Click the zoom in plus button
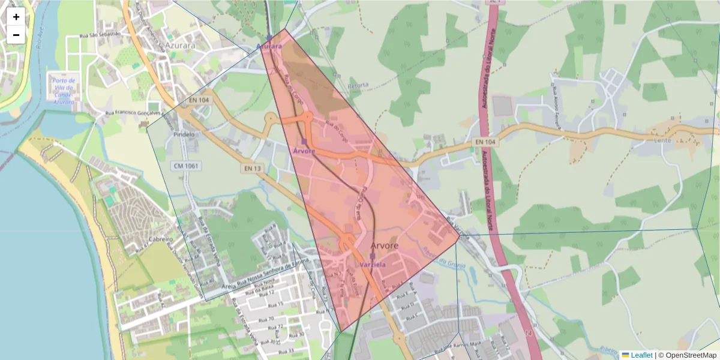pyautogui.click(x=16, y=17)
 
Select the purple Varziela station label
pyautogui.click(x=373, y=264)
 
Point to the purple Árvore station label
pyautogui.click(x=304, y=151)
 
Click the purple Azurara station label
pyautogui.click(x=269, y=46)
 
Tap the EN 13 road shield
pyautogui.click(x=253, y=169)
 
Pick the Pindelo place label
pyautogui.click(x=184, y=134)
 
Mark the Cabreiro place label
pyautogui.click(x=161, y=239)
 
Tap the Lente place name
pyautogui.click(x=662, y=140)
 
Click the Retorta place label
pyautogui.click(x=358, y=85)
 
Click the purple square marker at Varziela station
pyautogui.click(x=372, y=256)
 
